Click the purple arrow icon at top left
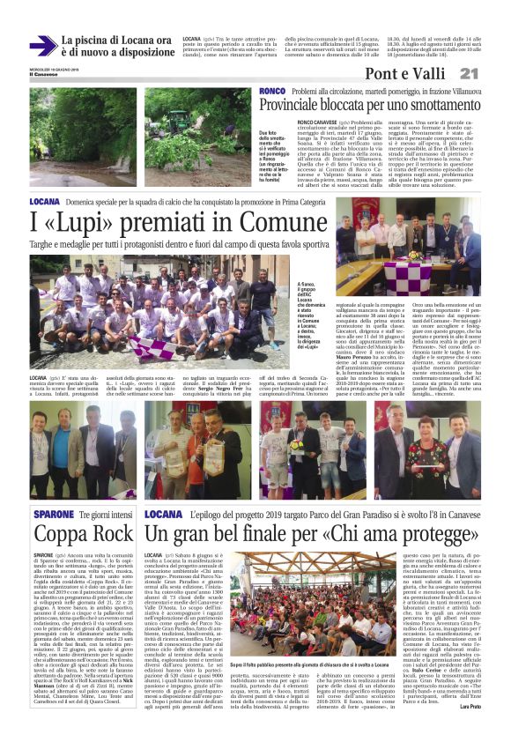click(41, 45)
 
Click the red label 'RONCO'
click(270, 92)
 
